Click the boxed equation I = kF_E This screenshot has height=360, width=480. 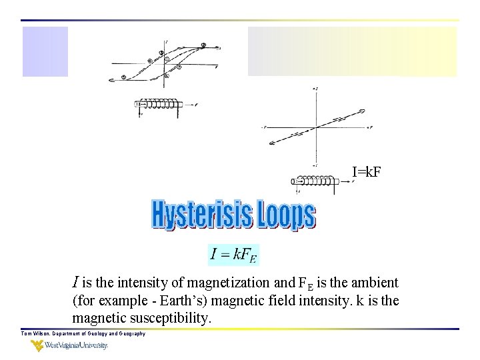(233, 253)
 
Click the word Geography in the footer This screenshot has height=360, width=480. (129, 333)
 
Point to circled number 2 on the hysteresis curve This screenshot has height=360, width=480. (203, 46)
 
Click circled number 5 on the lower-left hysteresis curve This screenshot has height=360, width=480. (150, 61)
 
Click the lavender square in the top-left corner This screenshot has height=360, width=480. (45, 51)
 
